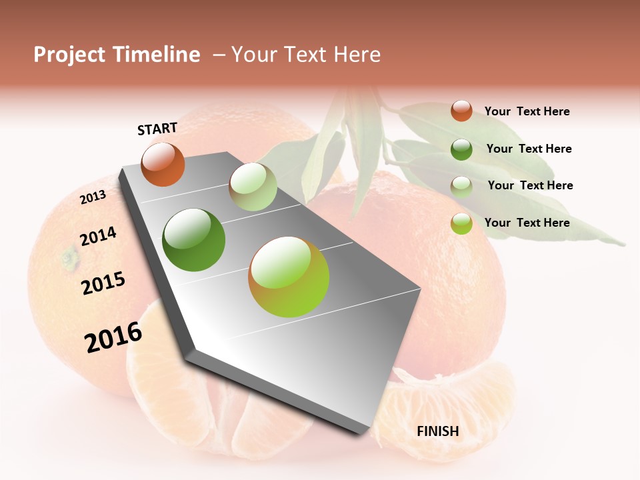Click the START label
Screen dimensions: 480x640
pyautogui.click(x=157, y=129)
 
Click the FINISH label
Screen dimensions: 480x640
pyautogui.click(x=438, y=431)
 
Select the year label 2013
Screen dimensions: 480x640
pyautogui.click(x=93, y=197)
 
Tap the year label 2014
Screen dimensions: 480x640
pyautogui.click(x=98, y=237)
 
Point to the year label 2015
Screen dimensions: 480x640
pyautogui.click(x=103, y=283)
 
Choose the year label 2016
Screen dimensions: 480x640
pyautogui.click(x=113, y=337)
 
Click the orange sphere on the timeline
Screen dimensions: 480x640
pyautogui.click(x=163, y=164)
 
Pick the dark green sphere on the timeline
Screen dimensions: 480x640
pyautogui.click(x=193, y=240)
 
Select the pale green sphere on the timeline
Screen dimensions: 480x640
pyautogui.click(x=253, y=187)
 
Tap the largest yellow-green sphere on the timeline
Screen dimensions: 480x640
pyautogui.click(x=289, y=277)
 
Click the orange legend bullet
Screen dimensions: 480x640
pyautogui.click(x=461, y=111)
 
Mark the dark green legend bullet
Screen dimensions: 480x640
pyautogui.click(x=461, y=149)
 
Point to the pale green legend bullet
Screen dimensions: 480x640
pyautogui.click(x=461, y=186)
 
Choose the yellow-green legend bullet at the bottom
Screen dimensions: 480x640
pyautogui.click(x=461, y=223)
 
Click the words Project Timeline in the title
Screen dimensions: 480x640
pyautogui.click(x=117, y=55)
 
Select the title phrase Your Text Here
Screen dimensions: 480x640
pyautogui.click(x=306, y=55)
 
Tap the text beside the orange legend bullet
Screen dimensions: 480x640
pyautogui.click(x=527, y=111)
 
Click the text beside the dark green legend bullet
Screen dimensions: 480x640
pyautogui.click(x=529, y=149)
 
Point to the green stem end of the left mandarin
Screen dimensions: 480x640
pyautogui.click(x=69, y=258)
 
